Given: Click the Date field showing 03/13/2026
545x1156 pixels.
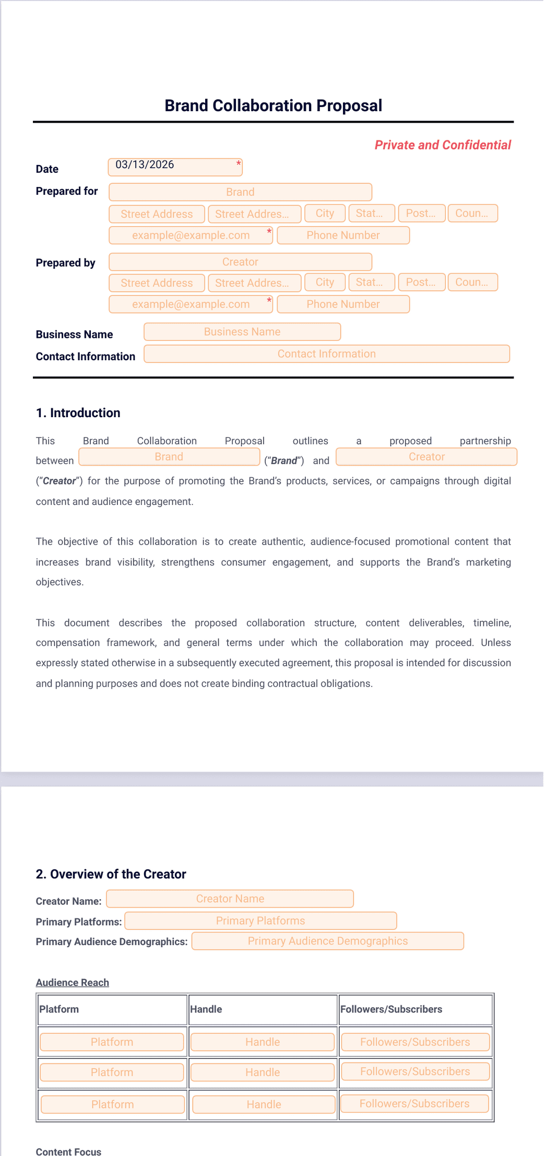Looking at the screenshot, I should [x=175, y=167].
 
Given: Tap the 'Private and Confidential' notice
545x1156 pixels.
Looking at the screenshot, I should [x=442, y=145].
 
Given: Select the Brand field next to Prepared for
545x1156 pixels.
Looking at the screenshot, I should [x=240, y=192].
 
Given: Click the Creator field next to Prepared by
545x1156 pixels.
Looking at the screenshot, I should [x=240, y=262].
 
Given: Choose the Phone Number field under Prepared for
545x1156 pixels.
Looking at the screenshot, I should [x=343, y=235].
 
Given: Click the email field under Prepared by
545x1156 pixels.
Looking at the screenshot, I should [x=191, y=304].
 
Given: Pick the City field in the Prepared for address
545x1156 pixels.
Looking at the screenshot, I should [x=325, y=213].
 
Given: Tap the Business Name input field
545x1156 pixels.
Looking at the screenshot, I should [x=242, y=332].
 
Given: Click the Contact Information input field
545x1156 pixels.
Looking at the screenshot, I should [x=326, y=353].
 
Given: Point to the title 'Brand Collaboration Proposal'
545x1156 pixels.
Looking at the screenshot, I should [x=273, y=105].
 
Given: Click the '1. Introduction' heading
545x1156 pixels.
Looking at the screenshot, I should [x=78, y=412].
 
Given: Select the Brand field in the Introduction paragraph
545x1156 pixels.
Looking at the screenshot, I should [x=169, y=457].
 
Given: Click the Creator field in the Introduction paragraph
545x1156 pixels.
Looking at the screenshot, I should [x=426, y=457].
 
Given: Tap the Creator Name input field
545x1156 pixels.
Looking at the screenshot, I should [x=230, y=899].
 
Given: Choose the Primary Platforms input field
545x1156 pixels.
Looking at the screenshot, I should [x=260, y=921].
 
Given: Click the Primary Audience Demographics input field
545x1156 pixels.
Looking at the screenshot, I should [x=327, y=941].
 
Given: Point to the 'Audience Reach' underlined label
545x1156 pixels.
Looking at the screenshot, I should [x=73, y=982].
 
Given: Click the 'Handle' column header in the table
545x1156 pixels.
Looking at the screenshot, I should [x=206, y=1009].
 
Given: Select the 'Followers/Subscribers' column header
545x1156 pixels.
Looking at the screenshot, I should [x=391, y=1009].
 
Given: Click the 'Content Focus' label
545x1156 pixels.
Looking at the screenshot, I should [x=68, y=1152].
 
